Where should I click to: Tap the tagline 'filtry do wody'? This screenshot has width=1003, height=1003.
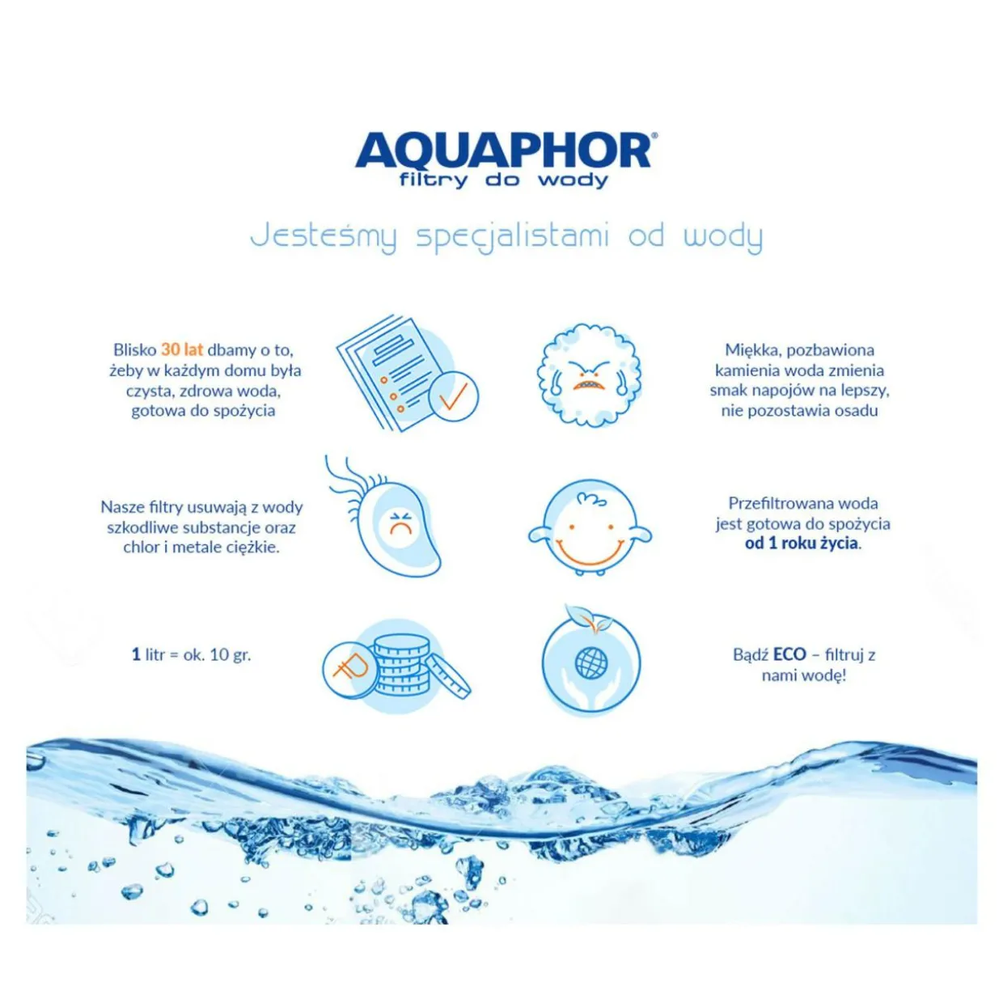click(x=503, y=180)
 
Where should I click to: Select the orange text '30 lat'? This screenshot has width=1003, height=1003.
click(x=182, y=349)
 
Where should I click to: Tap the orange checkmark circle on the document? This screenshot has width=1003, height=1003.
click(x=453, y=396)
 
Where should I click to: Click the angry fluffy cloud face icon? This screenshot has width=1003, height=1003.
click(x=589, y=375)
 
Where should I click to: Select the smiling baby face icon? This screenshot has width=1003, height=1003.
click(x=590, y=527)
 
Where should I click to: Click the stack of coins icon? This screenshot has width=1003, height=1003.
click(x=396, y=667)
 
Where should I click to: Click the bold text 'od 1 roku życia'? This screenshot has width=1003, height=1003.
click(x=801, y=543)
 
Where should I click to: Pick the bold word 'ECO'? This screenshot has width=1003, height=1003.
click(x=789, y=654)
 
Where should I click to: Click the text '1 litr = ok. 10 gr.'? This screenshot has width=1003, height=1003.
click(x=192, y=654)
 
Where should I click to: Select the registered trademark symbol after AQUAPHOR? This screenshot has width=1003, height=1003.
click(x=654, y=135)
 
